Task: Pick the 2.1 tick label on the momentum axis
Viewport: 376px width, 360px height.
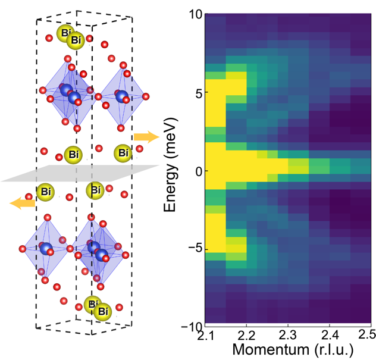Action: [205, 338]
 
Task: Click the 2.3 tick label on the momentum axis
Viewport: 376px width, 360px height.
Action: [287, 338]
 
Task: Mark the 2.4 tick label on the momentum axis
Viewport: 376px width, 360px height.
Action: [328, 338]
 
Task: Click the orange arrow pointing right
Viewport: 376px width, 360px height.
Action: [146, 137]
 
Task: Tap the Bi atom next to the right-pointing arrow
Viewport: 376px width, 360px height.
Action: [123, 154]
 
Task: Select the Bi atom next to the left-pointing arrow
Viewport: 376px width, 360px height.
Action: [45, 192]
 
